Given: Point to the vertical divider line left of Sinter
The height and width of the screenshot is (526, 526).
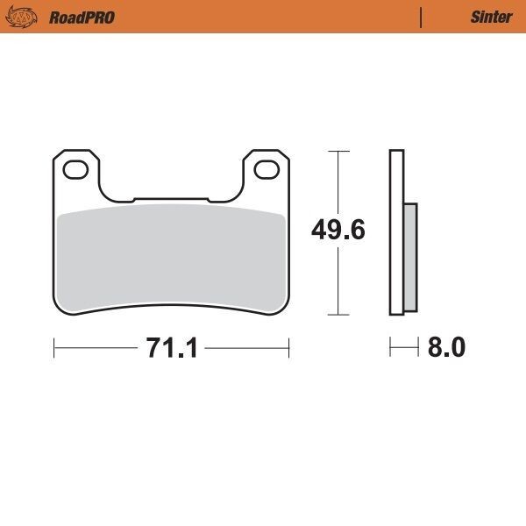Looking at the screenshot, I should pos(422,17).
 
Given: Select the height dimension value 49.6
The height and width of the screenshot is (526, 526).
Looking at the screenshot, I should pos(338,230).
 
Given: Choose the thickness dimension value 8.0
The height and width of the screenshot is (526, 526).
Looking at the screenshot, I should pos(445,348).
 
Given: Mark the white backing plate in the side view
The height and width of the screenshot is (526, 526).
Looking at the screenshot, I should pos(396,232).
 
